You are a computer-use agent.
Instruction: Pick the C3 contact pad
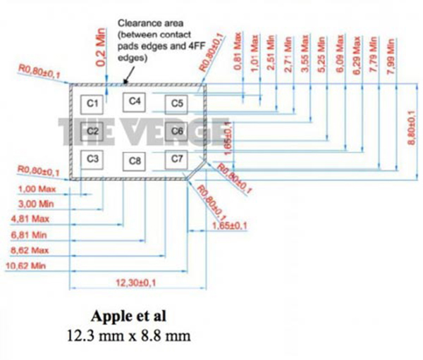tap(92, 158)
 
